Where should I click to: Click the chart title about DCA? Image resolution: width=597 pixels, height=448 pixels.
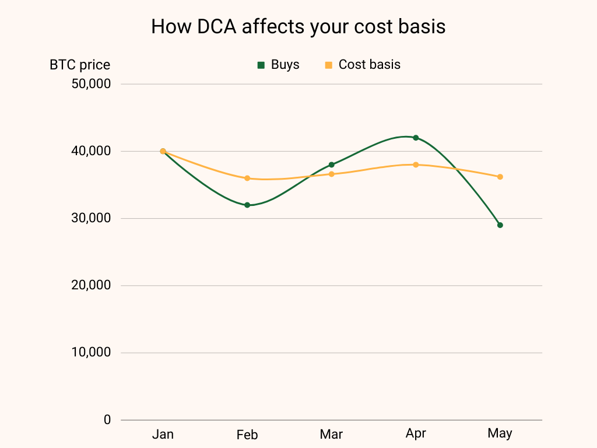click(298, 26)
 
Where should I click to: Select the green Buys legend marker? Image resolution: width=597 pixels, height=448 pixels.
click(261, 65)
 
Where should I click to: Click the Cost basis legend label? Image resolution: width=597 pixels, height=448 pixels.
click(369, 65)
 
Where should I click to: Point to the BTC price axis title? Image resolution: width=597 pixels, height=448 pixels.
click(80, 65)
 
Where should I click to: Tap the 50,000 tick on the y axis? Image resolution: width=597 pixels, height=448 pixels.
click(91, 84)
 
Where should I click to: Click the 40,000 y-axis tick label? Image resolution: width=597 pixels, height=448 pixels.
click(91, 151)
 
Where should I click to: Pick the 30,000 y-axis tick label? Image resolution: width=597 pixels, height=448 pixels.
click(91, 218)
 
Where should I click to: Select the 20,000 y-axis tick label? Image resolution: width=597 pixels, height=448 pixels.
click(91, 285)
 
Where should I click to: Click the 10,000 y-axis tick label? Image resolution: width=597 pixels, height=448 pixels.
click(91, 352)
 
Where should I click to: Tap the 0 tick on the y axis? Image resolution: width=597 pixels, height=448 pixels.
click(107, 419)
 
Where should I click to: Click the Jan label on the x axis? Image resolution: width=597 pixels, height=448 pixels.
click(163, 434)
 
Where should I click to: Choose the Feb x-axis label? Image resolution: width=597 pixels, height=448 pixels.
click(247, 435)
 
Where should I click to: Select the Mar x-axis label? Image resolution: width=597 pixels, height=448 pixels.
click(331, 435)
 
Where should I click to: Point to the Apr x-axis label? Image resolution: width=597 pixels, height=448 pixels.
click(416, 434)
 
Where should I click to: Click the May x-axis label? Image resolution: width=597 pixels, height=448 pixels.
click(500, 433)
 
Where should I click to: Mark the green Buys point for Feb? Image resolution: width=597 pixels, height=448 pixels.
click(247, 205)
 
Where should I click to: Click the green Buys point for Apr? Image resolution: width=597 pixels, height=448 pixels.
click(416, 138)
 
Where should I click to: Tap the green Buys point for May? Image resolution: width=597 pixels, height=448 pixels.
click(500, 225)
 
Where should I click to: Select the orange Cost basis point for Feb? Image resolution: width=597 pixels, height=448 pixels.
click(247, 178)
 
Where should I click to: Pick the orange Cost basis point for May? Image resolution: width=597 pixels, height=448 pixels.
click(500, 177)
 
